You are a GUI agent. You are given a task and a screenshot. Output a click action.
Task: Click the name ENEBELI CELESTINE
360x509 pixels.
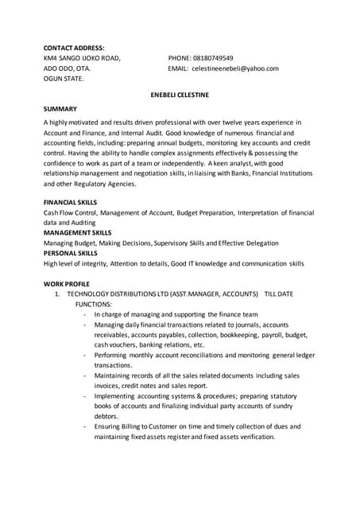click(180, 93)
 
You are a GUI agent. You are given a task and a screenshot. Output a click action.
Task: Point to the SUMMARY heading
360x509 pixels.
click(60, 107)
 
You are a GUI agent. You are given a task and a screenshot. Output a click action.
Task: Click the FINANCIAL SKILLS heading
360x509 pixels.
click(70, 202)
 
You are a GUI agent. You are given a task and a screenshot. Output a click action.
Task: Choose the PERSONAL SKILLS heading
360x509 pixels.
click(70, 253)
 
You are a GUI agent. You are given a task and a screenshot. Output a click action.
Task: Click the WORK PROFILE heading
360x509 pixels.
click(67, 284)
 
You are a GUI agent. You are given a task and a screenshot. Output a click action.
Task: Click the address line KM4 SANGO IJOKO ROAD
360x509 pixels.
click(82, 58)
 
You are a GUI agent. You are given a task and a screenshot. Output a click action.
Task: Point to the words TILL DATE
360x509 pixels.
click(278, 294)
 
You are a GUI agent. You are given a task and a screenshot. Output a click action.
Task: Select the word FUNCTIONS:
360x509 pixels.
click(93, 305)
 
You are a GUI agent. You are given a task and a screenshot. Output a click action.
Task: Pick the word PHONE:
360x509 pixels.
click(180, 58)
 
